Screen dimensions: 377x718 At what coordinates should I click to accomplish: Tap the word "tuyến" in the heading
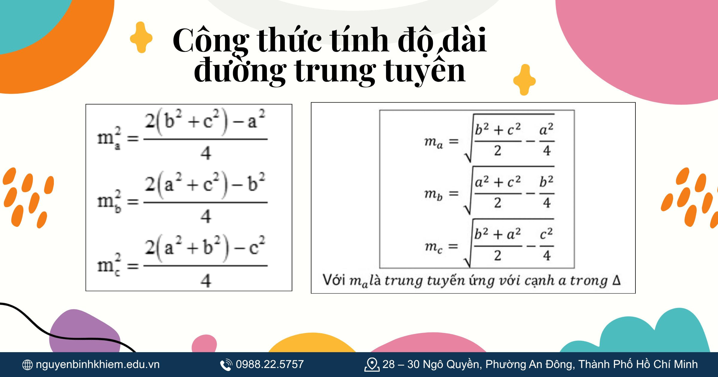(x=425, y=71)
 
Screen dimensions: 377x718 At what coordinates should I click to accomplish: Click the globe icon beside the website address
(x=28, y=365)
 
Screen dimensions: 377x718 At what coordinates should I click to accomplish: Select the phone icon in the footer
(x=226, y=365)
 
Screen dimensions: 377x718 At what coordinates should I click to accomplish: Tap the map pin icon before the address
(x=372, y=365)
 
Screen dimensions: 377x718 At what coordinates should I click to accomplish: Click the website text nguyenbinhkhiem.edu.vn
(x=98, y=364)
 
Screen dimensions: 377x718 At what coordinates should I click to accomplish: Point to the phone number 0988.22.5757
(x=270, y=364)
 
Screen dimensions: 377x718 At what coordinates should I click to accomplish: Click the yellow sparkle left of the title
(x=141, y=38)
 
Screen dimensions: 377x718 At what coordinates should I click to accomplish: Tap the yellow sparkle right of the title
(x=524, y=80)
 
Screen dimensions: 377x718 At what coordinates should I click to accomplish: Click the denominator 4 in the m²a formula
(x=206, y=153)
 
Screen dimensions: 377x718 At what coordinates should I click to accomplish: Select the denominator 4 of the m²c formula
(x=206, y=281)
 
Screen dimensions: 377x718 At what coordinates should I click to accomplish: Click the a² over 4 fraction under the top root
(x=547, y=140)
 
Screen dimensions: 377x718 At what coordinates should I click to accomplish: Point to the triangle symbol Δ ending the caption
(x=617, y=280)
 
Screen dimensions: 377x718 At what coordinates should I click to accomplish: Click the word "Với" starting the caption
(x=334, y=280)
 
